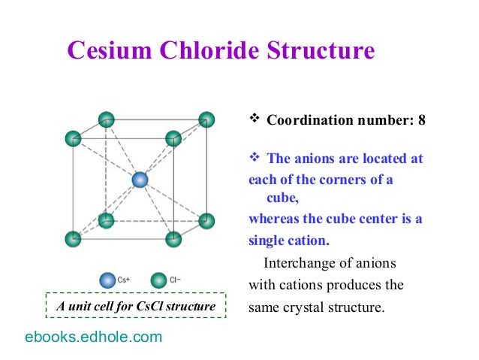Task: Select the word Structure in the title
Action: click(x=316, y=50)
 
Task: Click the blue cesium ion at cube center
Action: click(x=140, y=180)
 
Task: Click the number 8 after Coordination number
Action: click(x=422, y=119)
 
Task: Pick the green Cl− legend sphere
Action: click(x=158, y=280)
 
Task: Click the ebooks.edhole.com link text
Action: click(x=94, y=337)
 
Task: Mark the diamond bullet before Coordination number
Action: click(x=254, y=119)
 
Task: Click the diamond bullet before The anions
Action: click(x=254, y=158)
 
